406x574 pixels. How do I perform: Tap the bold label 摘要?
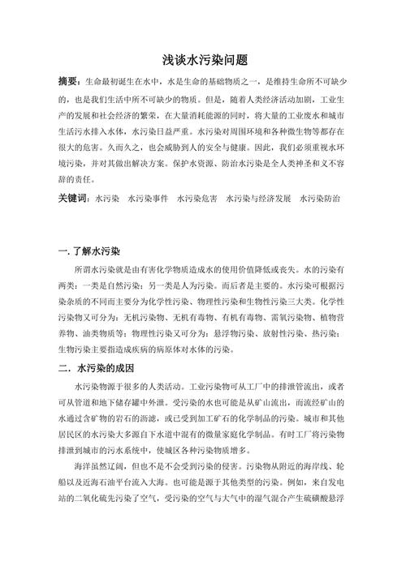tap(69, 82)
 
